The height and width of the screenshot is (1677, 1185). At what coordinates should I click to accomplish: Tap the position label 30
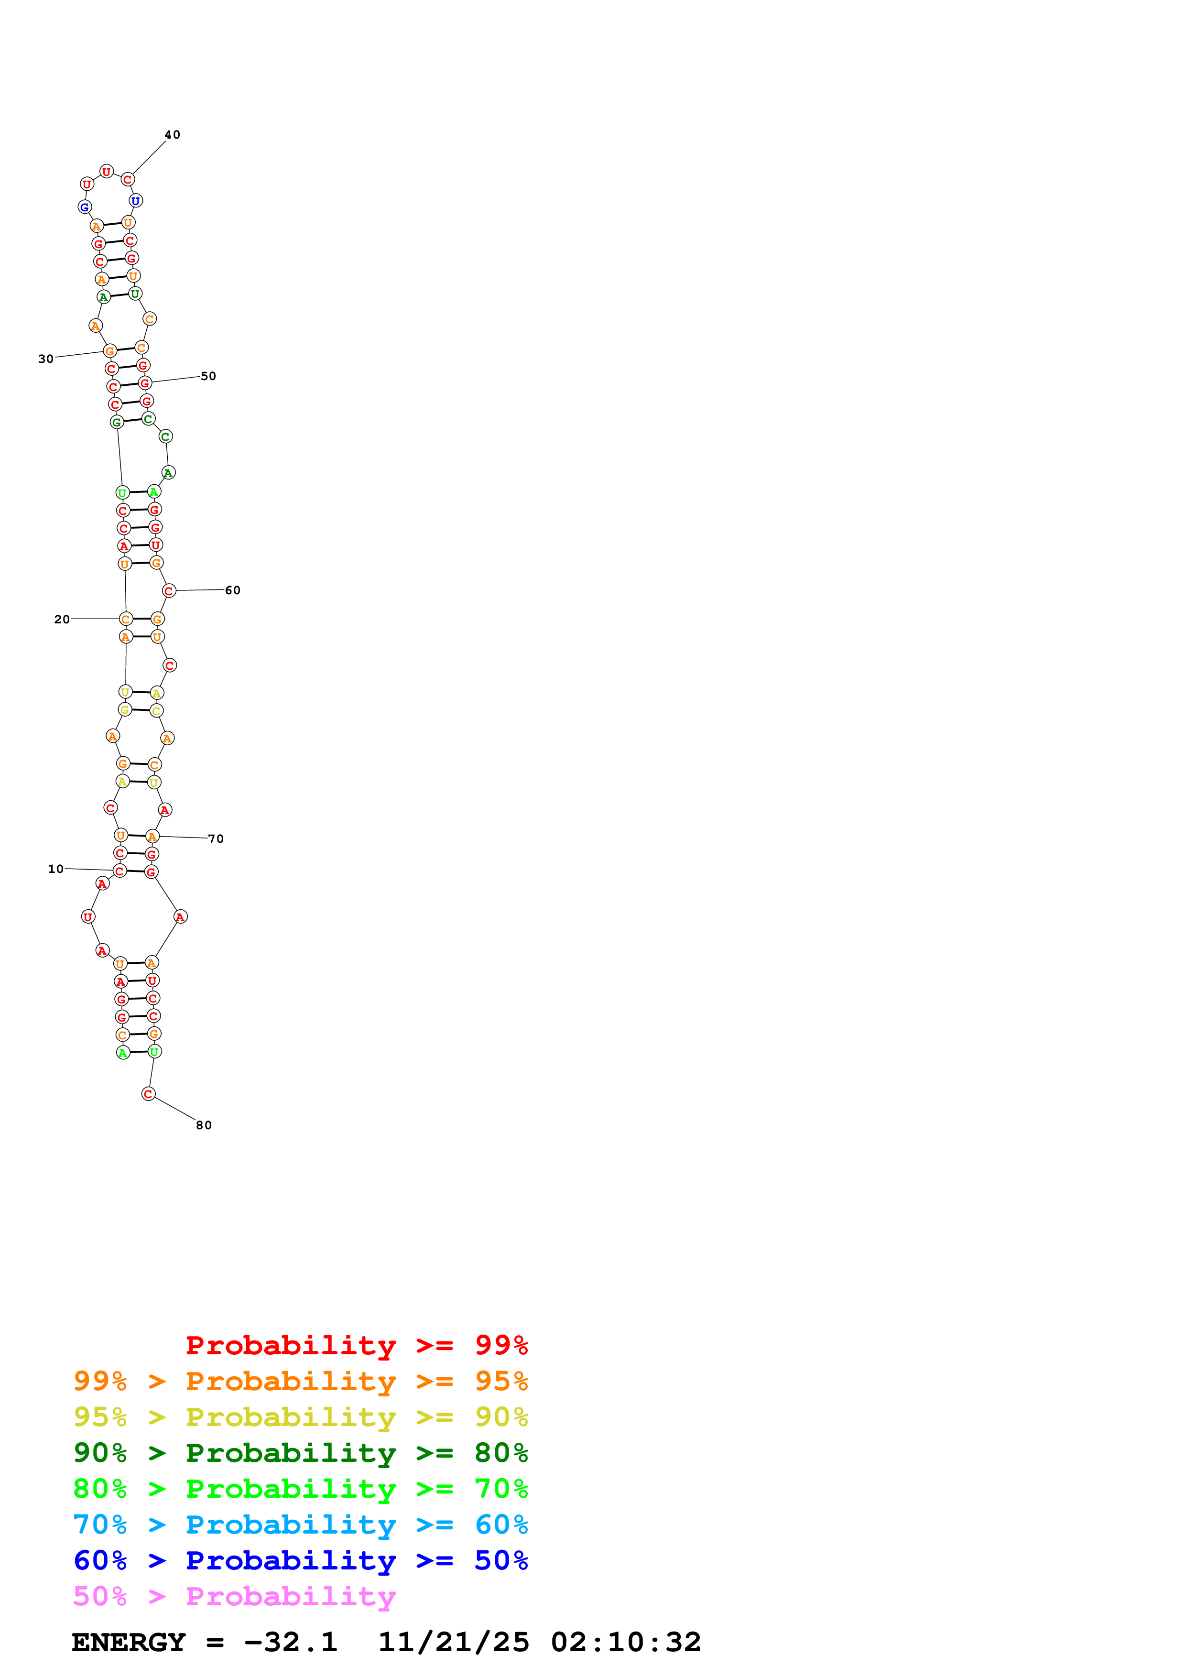46,359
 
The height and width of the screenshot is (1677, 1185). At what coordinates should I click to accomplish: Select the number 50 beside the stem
209,376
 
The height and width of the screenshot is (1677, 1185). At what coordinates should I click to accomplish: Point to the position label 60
233,590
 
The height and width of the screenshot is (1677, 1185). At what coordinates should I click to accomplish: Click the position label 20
62,620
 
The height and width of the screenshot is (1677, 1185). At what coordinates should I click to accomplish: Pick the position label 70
216,838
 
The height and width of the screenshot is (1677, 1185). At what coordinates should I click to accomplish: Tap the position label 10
56,869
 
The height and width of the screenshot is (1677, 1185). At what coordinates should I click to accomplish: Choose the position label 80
204,1125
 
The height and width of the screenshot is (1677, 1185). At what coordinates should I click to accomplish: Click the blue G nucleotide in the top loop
85,207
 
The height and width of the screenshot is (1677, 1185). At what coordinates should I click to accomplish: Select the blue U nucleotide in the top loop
135,201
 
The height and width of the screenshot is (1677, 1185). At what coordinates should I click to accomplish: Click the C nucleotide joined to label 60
169,591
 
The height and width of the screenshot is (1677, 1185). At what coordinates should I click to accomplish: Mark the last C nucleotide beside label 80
148,1093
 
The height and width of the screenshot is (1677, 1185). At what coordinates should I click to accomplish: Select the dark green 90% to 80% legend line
300,1453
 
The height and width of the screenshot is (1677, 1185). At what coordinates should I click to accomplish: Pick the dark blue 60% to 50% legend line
300,1560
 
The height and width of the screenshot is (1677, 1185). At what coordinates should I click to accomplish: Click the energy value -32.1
291,1643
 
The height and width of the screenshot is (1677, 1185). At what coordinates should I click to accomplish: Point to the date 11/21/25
454,1643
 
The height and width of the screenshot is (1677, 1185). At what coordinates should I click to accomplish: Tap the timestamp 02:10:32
626,1643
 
